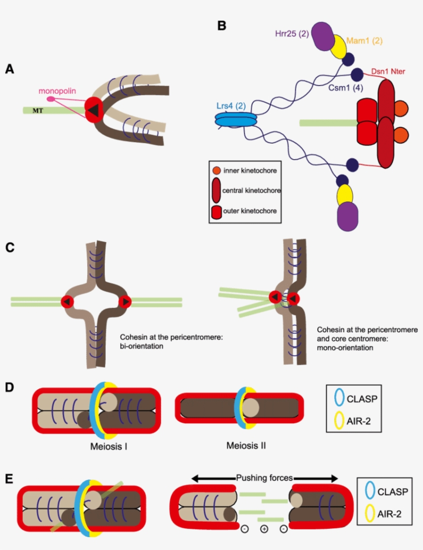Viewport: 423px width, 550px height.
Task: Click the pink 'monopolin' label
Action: (x=57, y=91)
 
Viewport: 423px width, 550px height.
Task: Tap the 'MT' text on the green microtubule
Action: (x=38, y=110)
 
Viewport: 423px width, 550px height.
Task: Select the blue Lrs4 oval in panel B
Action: (x=235, y=119)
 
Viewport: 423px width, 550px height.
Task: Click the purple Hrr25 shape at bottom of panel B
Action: (x=347, y=215)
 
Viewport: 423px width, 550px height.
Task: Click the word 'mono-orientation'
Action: (x=344, y=348)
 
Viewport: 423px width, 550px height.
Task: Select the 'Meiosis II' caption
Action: (x=246, y=444)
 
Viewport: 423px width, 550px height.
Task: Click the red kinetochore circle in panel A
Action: (x=94, y=109)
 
